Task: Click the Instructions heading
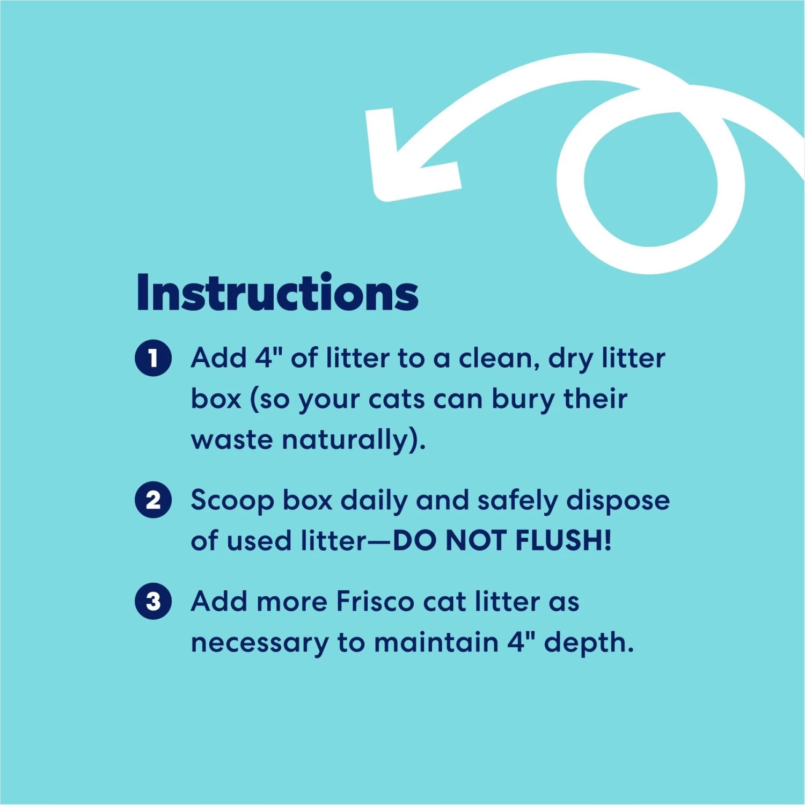[277, 292]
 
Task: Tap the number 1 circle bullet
[153, 358]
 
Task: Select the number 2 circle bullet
[153, 500]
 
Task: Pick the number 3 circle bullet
[153, 601]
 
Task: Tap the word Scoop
[232, 500]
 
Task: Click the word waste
[232, 440]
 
